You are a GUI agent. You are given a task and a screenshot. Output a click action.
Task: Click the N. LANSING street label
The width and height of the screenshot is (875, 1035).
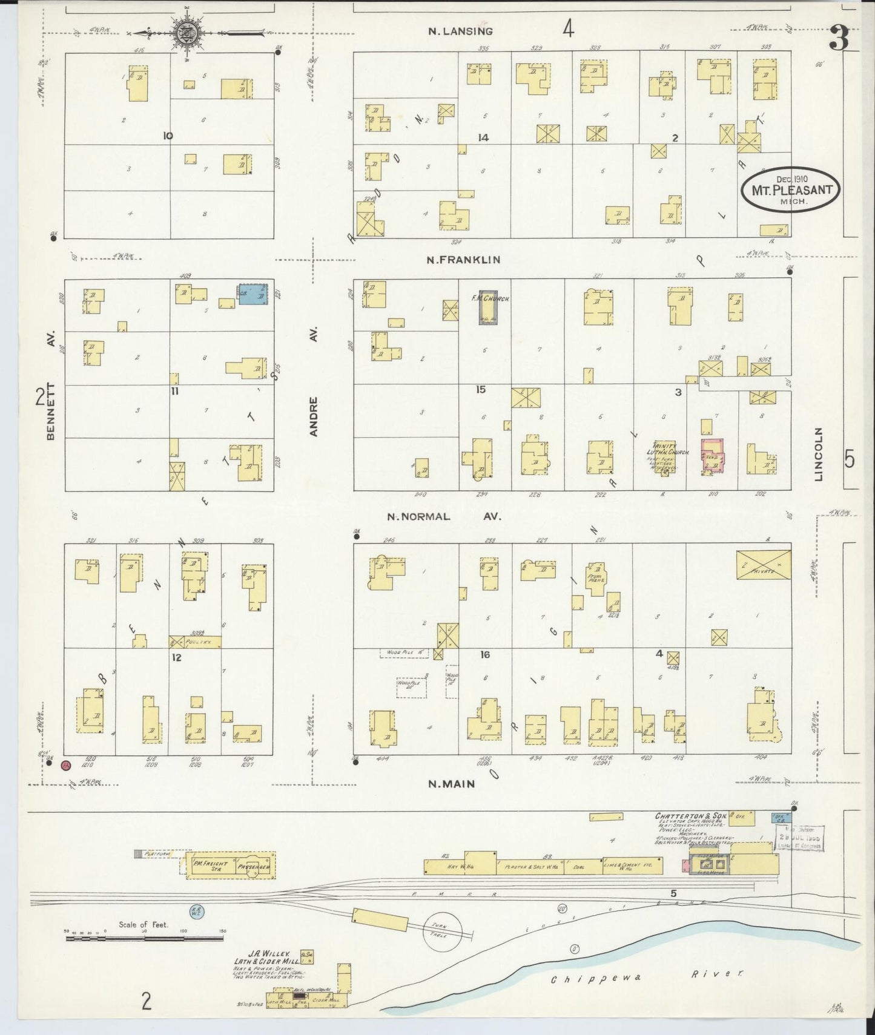(460, 31)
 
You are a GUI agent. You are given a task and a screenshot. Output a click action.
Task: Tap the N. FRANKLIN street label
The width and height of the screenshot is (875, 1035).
(463, 260)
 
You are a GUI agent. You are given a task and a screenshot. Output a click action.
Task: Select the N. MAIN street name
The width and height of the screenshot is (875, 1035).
(451, 784)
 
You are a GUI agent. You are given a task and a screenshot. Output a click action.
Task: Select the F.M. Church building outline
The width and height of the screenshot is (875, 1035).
(489, 310)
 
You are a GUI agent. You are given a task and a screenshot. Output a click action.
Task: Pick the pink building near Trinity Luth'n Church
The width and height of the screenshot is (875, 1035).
(713, 456)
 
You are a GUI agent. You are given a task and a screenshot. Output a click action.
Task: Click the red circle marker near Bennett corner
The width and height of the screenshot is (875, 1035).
(67, 766)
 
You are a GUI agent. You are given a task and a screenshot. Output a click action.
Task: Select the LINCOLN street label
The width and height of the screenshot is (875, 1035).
(819, 454)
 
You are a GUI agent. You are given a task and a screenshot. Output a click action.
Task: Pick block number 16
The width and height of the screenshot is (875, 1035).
(484, 655)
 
